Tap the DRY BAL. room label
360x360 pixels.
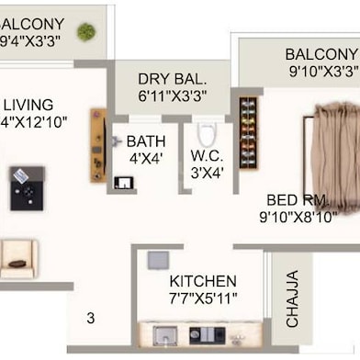tap(173, 79)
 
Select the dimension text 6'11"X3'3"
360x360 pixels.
tap(173, 96)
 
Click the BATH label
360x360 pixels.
tap(146, 141)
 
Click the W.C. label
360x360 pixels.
tap(208, 155)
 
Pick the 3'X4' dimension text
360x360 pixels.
tap(208, 172)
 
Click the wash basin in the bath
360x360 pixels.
tap(123, 181)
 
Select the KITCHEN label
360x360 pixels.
tap(203, 281)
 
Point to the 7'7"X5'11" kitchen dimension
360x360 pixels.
tap(203, 298)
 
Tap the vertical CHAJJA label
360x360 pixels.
tap(292, 298)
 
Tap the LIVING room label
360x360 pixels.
tap(28, 105)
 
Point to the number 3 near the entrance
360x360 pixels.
tap(90, 319)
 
